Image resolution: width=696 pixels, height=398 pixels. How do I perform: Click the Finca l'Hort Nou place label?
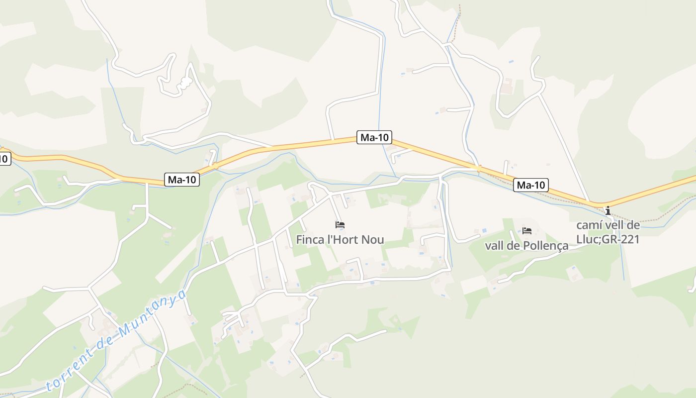pos(340,240)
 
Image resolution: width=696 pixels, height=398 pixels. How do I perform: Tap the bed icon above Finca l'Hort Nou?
pos(340,225)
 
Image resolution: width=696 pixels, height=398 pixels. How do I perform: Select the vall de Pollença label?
pos(526,246)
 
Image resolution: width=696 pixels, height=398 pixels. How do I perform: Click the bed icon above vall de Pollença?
pos(527,230)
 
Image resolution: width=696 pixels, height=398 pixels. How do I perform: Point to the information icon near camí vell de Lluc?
pos(608,210)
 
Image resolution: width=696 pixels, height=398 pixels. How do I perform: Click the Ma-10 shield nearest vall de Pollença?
pos(531,186)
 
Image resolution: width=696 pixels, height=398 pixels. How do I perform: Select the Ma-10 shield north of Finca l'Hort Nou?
pos(374,137)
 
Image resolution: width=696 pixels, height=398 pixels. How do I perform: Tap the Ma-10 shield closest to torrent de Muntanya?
pos(182,180)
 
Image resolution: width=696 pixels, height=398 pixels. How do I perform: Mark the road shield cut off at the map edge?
pos(4,159)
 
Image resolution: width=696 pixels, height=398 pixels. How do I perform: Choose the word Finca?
pos(309,240)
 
